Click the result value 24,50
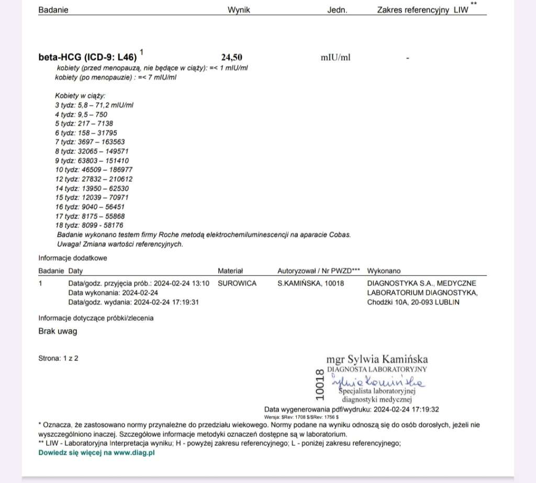pyautogui.click(x=232, y=58)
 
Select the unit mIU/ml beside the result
pyautogui.click(x=335, y=58)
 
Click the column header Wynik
pyautogui.click(x=239, y=9)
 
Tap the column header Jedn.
pyautogui.click(x=337, y=9)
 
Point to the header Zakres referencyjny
pyautogui.click(x=413, y=9)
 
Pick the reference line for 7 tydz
pyautogui.click(x=90, y=142)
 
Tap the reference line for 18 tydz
pyautogui.click(x=90, y=225)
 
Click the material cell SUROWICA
pyautogui.click(x=237, y=283)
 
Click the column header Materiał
pyautogui.click(x=230, y=271)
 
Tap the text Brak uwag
pyautogui.click(x=58, y=332)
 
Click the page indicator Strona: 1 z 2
pyautogui.click(x=58, y=358)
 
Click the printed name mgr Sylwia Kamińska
pyautogui.click(x=377, y=359)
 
